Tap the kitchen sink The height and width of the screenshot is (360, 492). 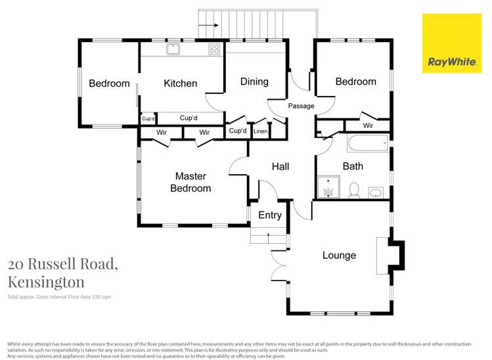(173, 48)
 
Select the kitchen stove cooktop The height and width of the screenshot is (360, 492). (214, 48)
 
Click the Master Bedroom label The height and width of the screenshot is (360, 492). (190, 182)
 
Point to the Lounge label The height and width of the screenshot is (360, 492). (339, 256)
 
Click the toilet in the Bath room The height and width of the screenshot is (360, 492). (354, 190)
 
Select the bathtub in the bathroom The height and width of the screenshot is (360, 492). (367, 143)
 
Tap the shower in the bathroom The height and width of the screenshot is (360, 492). (327, 187)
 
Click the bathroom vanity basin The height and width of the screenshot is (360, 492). (376, 192)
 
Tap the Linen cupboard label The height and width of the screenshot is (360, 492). (261, 131)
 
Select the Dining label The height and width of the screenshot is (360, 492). (254, 81)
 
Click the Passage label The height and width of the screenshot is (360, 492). (301, 106)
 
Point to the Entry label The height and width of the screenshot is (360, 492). (269, 215)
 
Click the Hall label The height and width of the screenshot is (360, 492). (280, 167)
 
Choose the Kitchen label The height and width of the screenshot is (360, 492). (180, 83)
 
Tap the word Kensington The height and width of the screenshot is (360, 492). (46, 282)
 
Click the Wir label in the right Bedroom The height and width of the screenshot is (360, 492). (368, 125)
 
